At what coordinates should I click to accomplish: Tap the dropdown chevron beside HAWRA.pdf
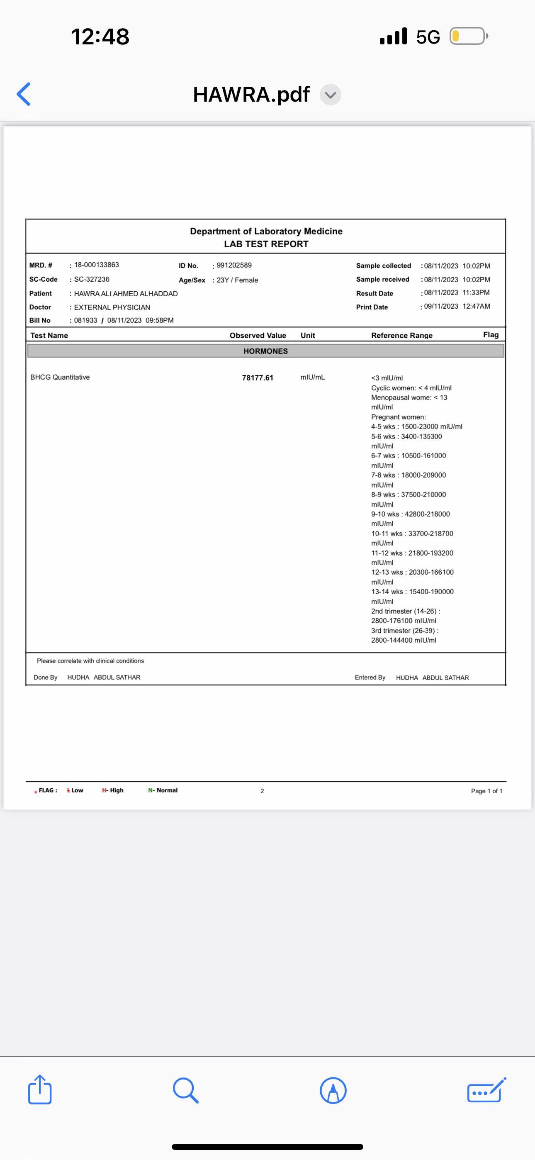coord(330,95)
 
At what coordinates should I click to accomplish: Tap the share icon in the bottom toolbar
coord(40,1090)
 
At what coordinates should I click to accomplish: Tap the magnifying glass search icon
coord(185,1090)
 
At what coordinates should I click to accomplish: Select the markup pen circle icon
coord(333,1090)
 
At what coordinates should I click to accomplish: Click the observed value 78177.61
coord(258,378)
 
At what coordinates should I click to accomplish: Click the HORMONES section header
coord(265,351)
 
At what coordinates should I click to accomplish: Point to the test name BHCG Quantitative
coord(60,378)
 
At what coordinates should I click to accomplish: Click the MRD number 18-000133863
coord(96,265)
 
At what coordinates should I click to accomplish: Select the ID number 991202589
coord(234,265)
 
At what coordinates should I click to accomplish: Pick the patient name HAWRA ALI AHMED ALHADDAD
coord(126,294)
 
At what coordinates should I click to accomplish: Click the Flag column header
coord(490,334)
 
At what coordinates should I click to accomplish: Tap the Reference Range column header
coord(402,336)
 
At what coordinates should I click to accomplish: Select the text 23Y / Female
coord(237,280)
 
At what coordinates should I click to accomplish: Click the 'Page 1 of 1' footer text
coord(486,791)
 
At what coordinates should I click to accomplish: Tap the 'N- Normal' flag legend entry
coord(163,790)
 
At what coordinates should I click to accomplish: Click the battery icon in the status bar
coord(468,36)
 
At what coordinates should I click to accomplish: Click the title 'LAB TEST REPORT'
coord(266,244)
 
